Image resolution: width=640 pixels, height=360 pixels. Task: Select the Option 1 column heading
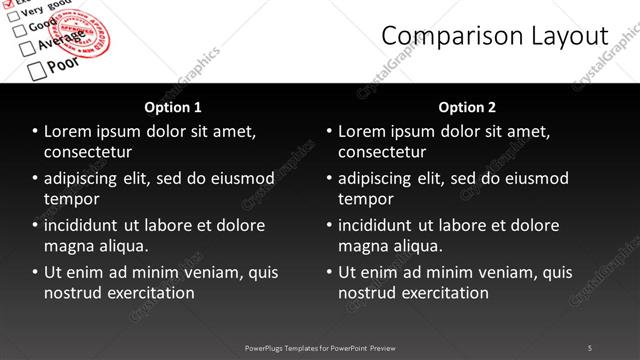pyautogui.click(x=173, y=107)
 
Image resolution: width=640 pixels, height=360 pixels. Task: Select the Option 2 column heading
pyautogui.click(x=467, y=107)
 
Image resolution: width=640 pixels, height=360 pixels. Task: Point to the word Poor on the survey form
pyautogui.click(x=64, y=63)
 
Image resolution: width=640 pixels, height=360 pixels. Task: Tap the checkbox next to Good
pyautogui.click(x=18, y=30)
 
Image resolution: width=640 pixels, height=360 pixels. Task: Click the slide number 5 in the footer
pyautogui.click(x=590, y=347)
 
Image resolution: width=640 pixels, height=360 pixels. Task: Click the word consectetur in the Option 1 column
pyautogui.click(x=88, y=152)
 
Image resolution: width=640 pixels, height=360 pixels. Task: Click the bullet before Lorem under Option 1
pyautogui.click(x=36, y=131)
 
